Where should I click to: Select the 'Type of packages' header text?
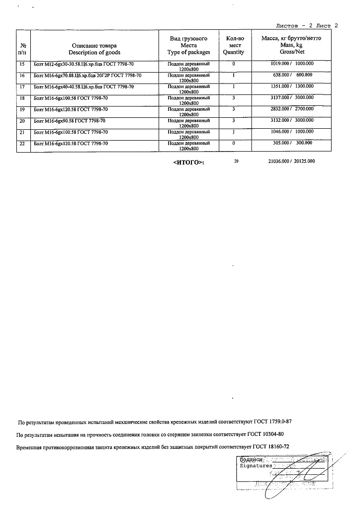(x=188, y=52)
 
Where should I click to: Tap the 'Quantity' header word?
(x=233, y=52)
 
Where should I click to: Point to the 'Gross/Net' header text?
(x=291, y=52)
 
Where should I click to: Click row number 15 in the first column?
(x=21, y=64)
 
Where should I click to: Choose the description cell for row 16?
(x=87, y=76)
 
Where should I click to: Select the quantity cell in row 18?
(x=233, y=98)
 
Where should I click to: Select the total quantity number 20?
(x=236, y=162)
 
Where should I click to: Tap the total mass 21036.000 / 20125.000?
(x=291, y=162)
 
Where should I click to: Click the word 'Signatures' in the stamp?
(x=256, y=466)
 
